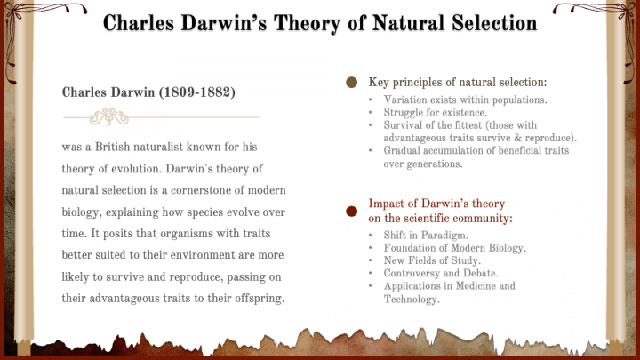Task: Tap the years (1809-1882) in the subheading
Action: [197, 92]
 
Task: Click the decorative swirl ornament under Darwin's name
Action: [109, 116]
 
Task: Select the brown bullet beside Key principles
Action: [351, 83]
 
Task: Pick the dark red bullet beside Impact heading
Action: [351, 211]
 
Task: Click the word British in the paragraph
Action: [112, 147]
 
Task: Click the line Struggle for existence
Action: [435, 112]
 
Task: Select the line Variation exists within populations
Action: [465, 100]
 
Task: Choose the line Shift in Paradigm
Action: [426, 236]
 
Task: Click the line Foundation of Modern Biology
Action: [455, 248]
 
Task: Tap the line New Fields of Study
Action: [432, 260]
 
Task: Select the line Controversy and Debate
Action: [441, 274]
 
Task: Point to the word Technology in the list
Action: [412, 300]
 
